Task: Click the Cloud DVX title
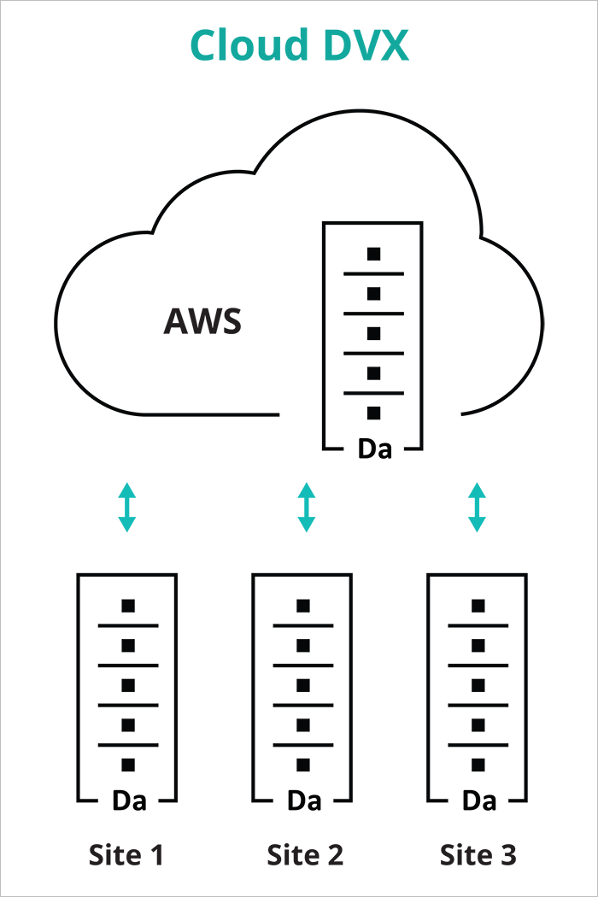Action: point(299,45)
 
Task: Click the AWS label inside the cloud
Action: point(202,322)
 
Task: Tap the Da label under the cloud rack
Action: point(373,449)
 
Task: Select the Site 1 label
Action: point(126,855)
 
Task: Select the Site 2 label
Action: point(304,855)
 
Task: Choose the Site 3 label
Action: point(478,855)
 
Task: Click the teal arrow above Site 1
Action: point(126,507)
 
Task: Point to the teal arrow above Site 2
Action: point(306,507)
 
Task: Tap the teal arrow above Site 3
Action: point(478,507)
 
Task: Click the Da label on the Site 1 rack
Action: point(128,801)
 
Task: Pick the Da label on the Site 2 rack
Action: point(303,801)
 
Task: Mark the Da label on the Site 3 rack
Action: point(478,801)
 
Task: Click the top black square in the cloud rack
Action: point(373,254)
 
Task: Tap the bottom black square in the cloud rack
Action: point(373,413)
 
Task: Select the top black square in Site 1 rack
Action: point(128,606)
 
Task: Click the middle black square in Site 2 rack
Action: point(303,685)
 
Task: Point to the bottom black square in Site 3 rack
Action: point(478,765)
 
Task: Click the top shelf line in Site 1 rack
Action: point(128,625)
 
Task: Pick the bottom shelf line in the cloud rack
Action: point(373,393)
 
